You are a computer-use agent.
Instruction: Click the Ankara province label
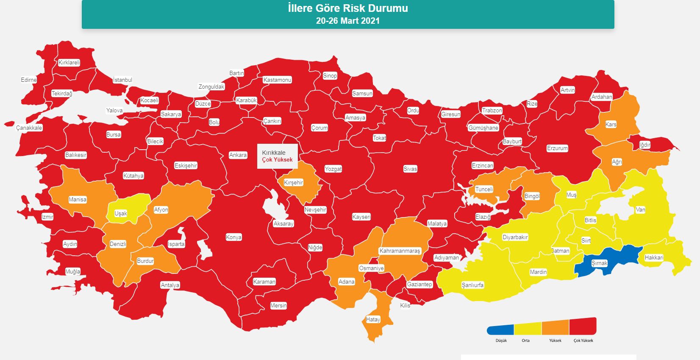[x=238, y=155]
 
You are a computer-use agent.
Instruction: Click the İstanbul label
[x=122, y=80]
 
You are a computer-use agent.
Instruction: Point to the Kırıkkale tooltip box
[x=278, y=156]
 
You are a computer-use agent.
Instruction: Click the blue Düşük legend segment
[x=501, y=330]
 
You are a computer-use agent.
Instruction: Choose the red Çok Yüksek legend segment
[x=583, y=327]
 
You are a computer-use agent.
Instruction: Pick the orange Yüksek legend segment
[x=555, y=328]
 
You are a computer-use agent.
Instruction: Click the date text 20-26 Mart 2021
[x=347, y=21]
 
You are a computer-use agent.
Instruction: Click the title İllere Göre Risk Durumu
[x=347, y=8]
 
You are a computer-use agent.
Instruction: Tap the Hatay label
[x=373, y=320]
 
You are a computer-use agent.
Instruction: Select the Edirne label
[x=29, y=80]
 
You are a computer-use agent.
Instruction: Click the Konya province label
[x=233, y=237]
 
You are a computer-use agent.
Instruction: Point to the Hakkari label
[x=654, y=257]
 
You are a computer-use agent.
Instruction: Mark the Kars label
[x=611, y=124]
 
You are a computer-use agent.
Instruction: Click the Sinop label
[x=330, y=75]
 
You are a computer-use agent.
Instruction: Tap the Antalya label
[x=170, y=285]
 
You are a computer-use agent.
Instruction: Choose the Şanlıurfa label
[x=472, y=285]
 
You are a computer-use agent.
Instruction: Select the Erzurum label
[x=557, y=148]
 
